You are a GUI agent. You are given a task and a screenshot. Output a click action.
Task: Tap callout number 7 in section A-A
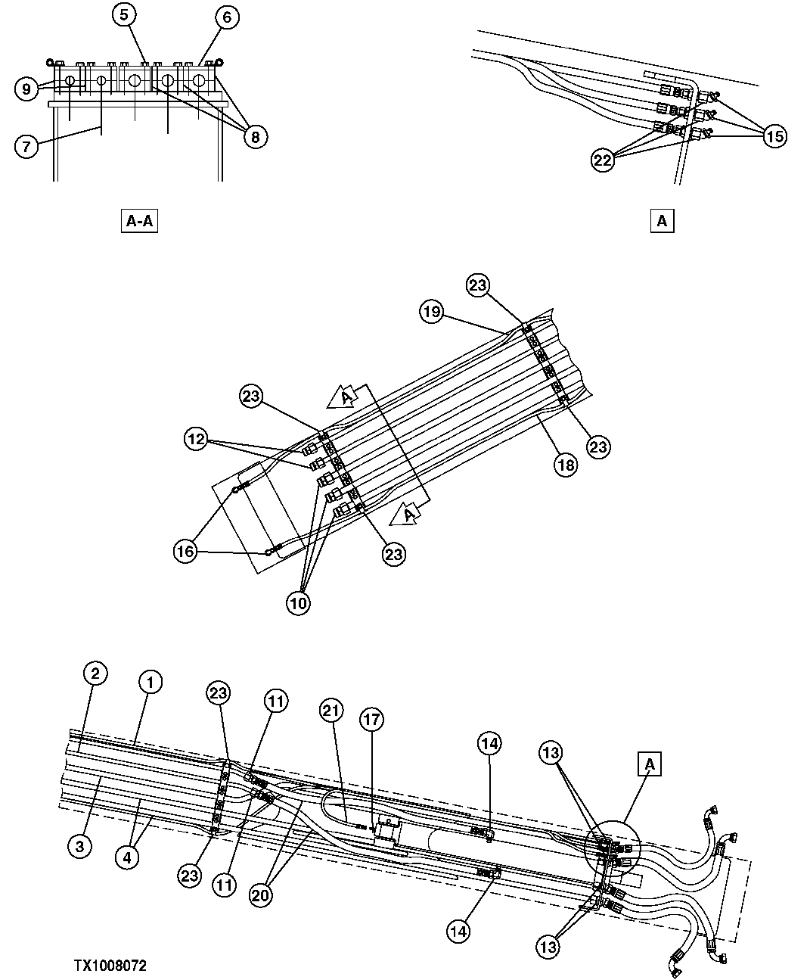[x=26, y=145]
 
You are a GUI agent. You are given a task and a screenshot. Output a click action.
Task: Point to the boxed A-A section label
[x=138, y=221]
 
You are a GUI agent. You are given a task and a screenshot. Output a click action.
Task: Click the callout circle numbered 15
[x=775, y=136]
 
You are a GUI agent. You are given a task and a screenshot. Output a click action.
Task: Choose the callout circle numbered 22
[x=604, y=161]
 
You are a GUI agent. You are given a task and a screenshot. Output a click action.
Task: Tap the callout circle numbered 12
[x=197, y=440]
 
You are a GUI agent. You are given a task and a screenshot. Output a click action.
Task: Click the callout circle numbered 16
[x=185, y=552]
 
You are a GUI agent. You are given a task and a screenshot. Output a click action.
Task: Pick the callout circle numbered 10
[x=299, y=603]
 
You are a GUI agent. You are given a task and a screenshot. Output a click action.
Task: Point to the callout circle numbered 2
[x=95, y=673]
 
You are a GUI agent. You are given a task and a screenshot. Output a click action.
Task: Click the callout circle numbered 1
[x=151, y=683]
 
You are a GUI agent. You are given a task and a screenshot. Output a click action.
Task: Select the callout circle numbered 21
[x=331, y=710]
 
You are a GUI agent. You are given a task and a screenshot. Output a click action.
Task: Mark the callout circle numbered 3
[x=79, y=845]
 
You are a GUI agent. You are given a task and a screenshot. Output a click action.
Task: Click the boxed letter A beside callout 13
[x=650, y=764]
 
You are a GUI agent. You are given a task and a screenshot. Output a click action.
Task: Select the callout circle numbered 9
[x=26, y=89]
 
